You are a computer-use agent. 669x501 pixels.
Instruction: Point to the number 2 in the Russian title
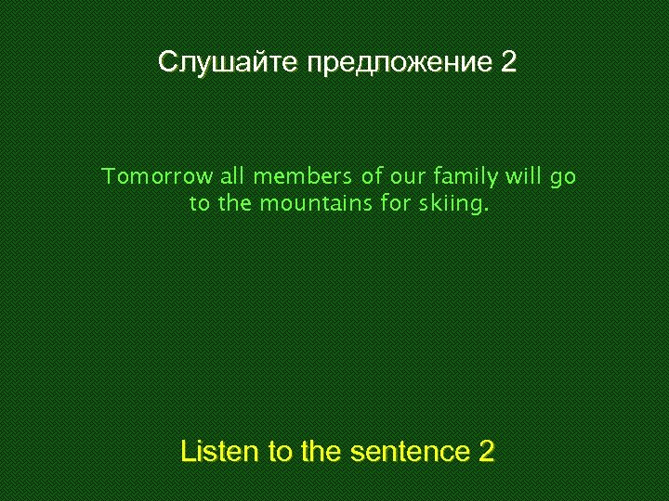coord(508,63)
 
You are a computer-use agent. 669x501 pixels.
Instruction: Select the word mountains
coord(316,204)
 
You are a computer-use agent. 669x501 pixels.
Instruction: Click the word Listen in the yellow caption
coord(220,452)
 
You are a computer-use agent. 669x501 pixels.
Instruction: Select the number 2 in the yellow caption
coord(486,452)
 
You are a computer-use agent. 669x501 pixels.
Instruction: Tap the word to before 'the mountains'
coord(200,204)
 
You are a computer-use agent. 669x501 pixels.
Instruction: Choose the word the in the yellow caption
coord(321,452)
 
